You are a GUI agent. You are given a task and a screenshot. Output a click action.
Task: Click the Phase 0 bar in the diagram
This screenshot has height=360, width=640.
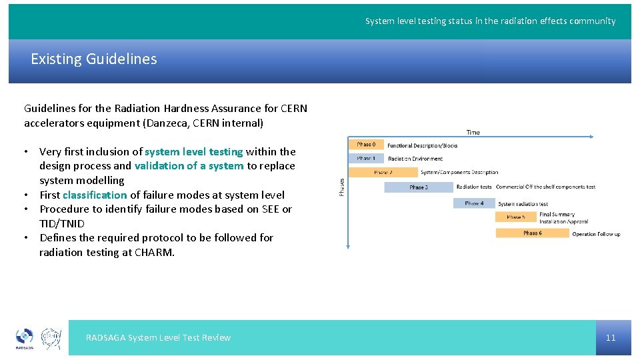[x=366, y=144]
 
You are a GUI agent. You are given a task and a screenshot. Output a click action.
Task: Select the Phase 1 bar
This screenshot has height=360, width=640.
[x=366, y=159]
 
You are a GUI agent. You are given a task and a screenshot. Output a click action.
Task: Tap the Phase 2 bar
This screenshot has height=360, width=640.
[x=383, y=172]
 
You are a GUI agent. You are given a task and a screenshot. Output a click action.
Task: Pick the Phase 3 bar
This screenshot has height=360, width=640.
[x=419, y=187]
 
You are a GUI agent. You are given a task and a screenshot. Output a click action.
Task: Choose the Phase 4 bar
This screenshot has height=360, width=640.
[x=475, y=203]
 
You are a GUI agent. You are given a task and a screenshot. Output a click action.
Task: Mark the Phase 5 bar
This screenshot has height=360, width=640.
[x=516, y=217]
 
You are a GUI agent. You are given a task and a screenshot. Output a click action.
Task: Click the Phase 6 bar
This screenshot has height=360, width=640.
[x=532, y=233]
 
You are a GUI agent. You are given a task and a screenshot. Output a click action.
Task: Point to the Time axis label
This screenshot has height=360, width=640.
[x=473, y=132]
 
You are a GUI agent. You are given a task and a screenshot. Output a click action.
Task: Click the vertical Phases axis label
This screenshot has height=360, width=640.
[x=342, y=186]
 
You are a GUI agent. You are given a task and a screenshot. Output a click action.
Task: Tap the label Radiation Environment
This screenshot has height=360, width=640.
[x=415, y=159]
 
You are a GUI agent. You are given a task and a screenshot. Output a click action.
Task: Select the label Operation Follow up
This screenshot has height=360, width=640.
[x=596, y=234]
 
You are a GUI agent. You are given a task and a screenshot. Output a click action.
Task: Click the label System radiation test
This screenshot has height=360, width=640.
[x=523, y=204]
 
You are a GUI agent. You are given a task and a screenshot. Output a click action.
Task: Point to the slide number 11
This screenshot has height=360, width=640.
[x=611, y=337]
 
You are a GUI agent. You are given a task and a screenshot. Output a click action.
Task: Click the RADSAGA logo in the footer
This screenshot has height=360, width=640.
[x=25, y=338]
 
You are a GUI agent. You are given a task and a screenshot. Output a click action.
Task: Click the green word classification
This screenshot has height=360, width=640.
[x=95, y=195]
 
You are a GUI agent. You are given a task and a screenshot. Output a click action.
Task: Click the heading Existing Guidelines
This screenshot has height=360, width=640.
[x=94, y=59]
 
